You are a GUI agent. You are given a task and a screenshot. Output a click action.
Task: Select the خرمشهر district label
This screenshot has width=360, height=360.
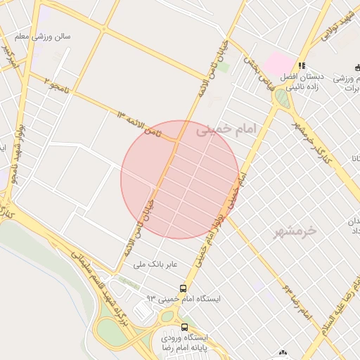295,231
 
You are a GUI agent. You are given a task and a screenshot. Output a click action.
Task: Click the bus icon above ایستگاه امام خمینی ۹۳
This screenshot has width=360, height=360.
184,288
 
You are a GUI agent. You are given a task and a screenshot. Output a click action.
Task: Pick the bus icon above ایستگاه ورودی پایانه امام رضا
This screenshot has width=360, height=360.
185,327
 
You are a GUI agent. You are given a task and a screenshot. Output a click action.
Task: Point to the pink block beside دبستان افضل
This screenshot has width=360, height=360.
277,61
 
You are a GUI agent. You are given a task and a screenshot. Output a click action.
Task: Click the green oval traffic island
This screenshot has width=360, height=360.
282,98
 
